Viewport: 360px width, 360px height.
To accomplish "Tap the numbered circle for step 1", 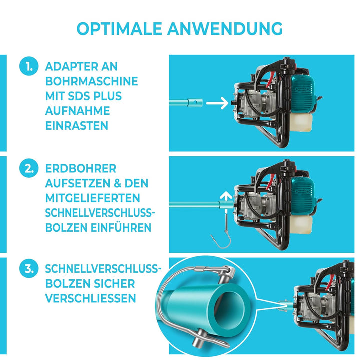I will click(28, 67).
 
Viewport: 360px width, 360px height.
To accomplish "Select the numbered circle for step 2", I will click(28, 168).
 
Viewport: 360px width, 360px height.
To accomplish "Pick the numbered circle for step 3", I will click(28, 269).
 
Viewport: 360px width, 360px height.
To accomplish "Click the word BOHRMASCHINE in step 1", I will click(91, 81).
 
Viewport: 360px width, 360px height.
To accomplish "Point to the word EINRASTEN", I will click(76, 125).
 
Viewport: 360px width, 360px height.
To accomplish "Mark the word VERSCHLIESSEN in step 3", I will click(90, 299).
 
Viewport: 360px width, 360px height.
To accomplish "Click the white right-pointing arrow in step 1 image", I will click(217, 103).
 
